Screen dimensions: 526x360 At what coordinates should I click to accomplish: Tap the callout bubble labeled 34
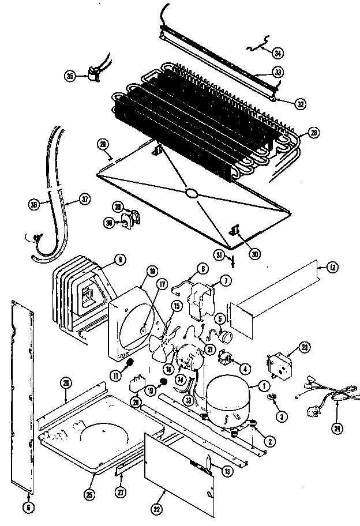(x=278, y=53)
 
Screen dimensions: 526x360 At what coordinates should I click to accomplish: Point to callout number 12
(x=333, y=267)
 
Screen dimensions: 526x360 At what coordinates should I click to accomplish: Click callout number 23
(x=303, y=347)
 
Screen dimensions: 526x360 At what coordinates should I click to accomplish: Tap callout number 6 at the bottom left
(x=30, y=507)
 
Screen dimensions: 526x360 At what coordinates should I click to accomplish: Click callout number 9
(x=119, y=261)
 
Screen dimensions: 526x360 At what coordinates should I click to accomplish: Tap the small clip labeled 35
(x=92, y=73)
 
